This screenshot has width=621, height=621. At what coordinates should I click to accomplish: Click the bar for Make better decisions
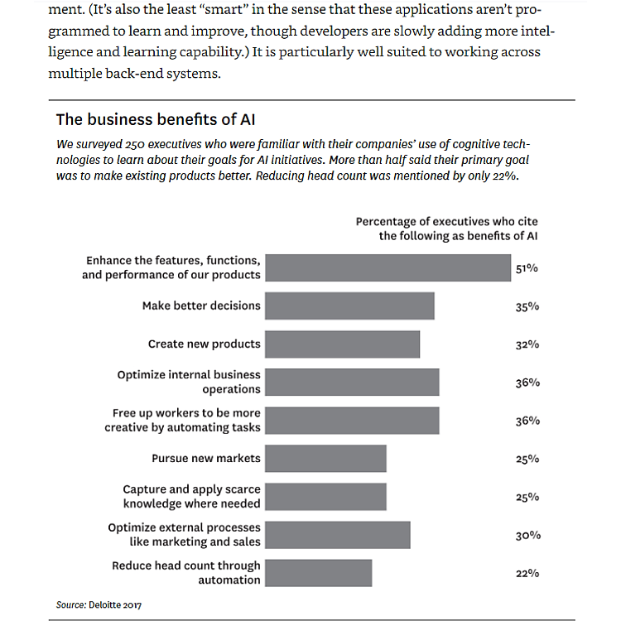349,306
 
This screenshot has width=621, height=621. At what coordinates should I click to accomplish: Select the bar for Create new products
342,344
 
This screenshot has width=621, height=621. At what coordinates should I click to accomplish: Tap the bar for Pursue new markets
325,458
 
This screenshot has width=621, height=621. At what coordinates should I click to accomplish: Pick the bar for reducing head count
318,572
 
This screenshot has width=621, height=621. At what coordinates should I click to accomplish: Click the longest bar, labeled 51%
388,267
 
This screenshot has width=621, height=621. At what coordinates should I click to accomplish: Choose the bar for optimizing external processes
337,534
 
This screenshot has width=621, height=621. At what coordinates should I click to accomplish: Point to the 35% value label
527,306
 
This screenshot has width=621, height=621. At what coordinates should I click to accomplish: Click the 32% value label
527,344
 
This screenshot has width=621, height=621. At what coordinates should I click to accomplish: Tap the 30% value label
527,535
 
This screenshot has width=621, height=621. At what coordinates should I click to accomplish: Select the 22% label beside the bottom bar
527,573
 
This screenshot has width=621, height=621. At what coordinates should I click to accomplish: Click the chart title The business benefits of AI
160,118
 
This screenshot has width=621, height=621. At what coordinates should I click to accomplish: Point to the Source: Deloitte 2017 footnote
99,605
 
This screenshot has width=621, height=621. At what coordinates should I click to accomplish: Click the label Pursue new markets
205,458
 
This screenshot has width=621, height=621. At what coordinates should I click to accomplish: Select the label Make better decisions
201,306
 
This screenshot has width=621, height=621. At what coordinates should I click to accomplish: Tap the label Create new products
204,344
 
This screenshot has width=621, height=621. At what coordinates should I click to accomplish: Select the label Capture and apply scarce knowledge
191,496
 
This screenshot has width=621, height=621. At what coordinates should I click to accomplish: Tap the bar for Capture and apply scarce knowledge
325,496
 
